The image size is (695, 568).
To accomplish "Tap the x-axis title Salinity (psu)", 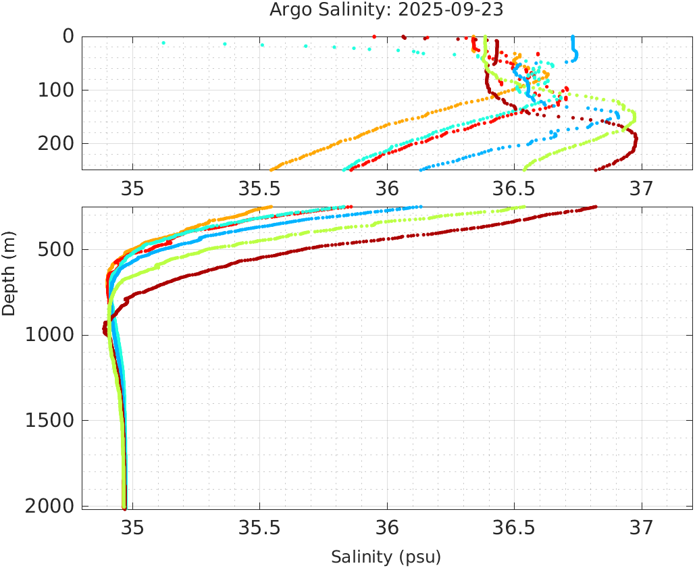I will click(x=386, y=557).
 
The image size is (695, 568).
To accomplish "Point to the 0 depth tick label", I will click(x=68, y=36).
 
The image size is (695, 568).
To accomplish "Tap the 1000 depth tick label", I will click(x=48, y=335).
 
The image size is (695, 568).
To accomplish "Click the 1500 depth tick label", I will click(x=48, y=420).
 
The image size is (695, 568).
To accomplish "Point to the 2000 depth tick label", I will click(x=48, y=506).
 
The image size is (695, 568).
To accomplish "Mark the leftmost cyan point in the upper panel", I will click(x=163, y=43).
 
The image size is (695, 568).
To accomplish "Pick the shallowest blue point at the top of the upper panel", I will click(x=573, y=36).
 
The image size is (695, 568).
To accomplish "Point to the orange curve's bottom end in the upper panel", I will click(x=272, y=170).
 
